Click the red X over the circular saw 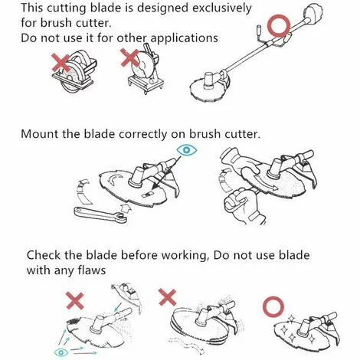point(61,63)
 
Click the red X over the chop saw point(130,58)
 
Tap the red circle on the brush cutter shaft point(279,25)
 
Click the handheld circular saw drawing point(74,71)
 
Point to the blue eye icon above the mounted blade point(187,150)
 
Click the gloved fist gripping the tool point(243,205)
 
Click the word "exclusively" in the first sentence point(222,8)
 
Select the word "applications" point(184,38)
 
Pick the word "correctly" point(142,134)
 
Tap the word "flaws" point(92,270)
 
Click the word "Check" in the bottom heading point(44,255)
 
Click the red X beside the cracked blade point(75,301)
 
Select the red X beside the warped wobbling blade point(167,297)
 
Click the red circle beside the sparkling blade point(273,307)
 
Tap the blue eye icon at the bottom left point(61,352)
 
